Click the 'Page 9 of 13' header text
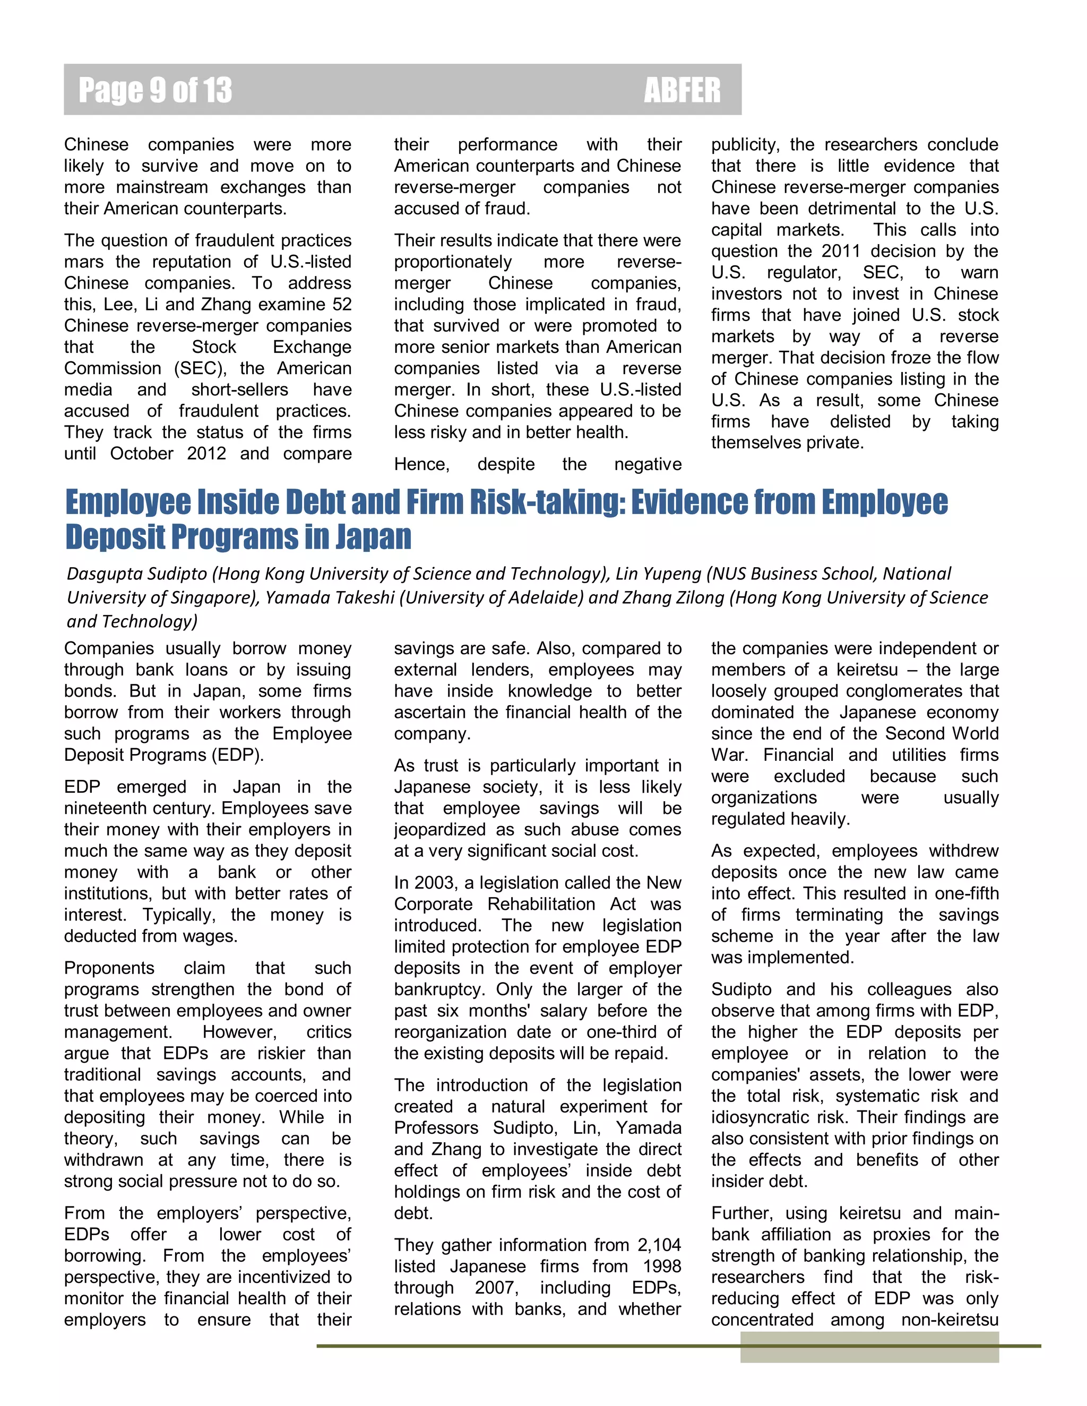click(154, 90)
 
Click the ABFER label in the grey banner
click(681, 90)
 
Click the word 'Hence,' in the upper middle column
click(422, 464)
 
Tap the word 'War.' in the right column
click(729, 754)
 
